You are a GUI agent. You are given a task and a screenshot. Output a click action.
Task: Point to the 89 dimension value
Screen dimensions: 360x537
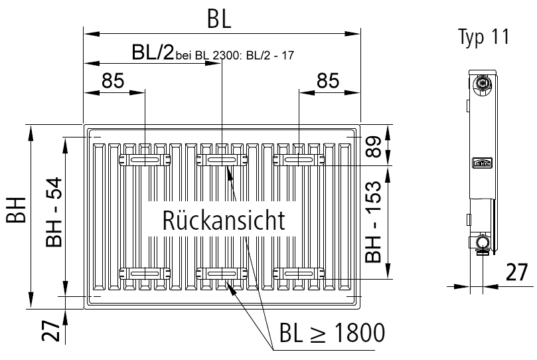[x=376, y=147]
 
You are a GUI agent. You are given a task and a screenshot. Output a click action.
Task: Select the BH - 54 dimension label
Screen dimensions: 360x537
[x=54, y=213]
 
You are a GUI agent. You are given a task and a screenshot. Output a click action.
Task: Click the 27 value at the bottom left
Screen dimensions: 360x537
[x=54, y=330]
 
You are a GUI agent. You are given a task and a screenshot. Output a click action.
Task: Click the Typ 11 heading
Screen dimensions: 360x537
[x=483, y=37]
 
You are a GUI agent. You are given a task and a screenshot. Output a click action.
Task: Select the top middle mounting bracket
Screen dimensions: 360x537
[x=222, y=159]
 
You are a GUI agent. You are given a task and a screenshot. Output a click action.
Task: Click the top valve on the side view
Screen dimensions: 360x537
[x=483, y=84]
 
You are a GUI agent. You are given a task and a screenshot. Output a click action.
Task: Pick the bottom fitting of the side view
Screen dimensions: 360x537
[x=483, y=244]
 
